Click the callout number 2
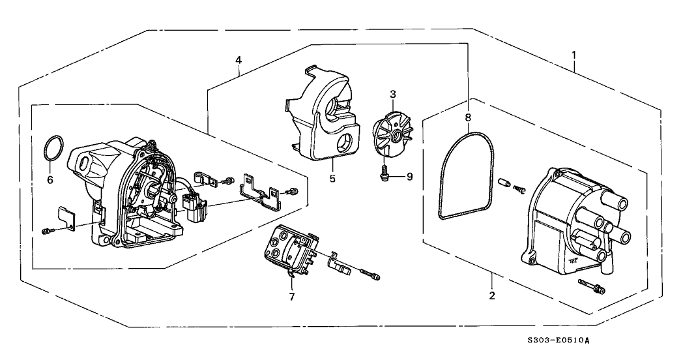tap(492, 296)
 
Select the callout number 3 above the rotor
tap(393, 95)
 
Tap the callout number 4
tap(239, 60)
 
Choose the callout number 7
tap(292, 297)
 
